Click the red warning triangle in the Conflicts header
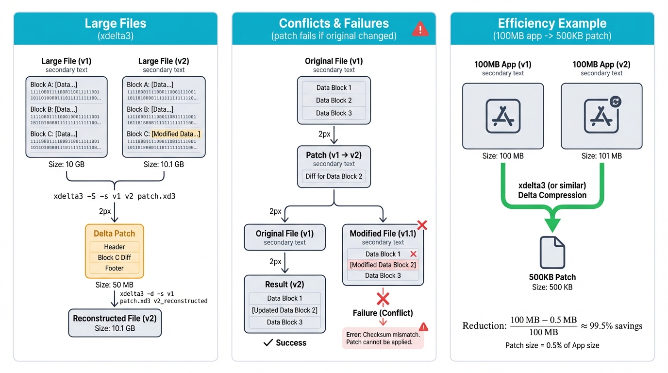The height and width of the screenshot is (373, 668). point(420,29)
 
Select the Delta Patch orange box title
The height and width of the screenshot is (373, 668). point(115,234)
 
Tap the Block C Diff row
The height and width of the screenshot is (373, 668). point(115,257)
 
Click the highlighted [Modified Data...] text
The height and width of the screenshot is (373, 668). point(176,134)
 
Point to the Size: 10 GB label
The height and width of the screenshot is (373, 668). point(67,164)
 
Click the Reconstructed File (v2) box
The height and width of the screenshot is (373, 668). point(115,323)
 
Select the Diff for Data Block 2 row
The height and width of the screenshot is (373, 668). point(334,176)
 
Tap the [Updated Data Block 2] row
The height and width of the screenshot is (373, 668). point(284,310)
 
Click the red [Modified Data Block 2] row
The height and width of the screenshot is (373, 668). point(383,265)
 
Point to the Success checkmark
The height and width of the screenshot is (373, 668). point(267,343)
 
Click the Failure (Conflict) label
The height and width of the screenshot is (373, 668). point(383,313)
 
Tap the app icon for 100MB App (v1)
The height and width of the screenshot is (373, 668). point(503,116)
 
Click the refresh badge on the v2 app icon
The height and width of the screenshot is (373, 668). point(616,102)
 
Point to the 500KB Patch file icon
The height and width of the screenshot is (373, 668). point(552,252)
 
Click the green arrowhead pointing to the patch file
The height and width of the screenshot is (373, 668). point(552,224)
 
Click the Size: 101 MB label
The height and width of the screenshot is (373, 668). point(601,156)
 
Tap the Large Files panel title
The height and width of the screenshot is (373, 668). point(115,23)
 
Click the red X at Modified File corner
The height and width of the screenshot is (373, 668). point(422,225)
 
